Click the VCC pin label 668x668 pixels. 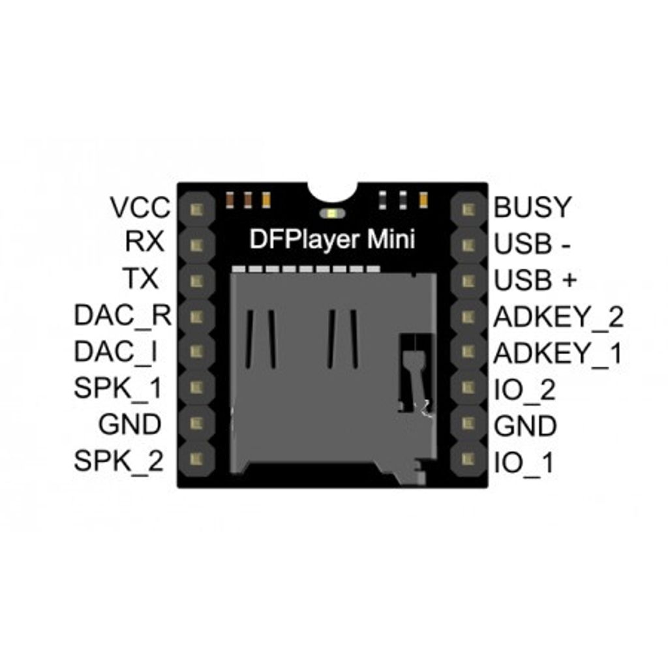click(140, 208)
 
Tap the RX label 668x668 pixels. click(144, 243)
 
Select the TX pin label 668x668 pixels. click(140, 279)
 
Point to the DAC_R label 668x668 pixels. click(122, 316)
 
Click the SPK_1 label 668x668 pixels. click(117, 389)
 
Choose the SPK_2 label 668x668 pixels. click(118, 461)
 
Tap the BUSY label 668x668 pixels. click(532, 207)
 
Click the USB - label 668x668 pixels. click(532, 245)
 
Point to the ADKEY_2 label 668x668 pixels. click(558, 318)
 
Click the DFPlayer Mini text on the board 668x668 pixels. click(333, 239)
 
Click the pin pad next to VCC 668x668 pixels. click(196, 209)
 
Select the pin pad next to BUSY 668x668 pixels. click(468, 209)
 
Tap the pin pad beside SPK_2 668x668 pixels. click(196, 459)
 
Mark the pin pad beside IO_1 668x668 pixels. click(468, 459)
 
